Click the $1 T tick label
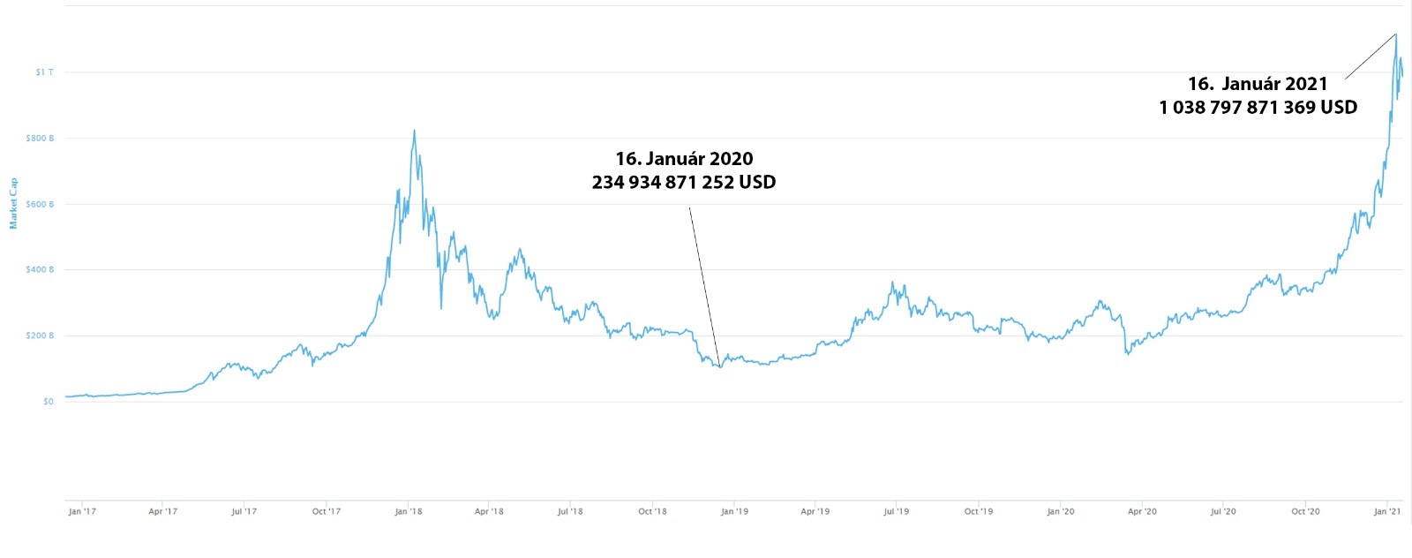tap(44, 72)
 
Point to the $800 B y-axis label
tap(40, 139)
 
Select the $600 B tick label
tap(40, 205)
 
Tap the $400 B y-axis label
tap(40, 270)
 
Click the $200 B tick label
tap(40, 336)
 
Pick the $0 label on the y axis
tap(48, 402)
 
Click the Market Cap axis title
tap(13, 204)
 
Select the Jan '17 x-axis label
tap(82, 511)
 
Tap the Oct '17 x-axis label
tap(326, 511)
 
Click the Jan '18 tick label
tap(408, 511)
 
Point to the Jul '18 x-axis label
tap(570, 511)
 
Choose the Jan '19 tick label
tap(734, 511)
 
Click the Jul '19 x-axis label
tap(896, 511)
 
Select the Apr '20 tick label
tap(1142, 511)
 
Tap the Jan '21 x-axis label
tap(1387, 511)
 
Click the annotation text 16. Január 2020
tap(684, 159)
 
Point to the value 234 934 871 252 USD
tap(684, 183)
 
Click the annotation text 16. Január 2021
tap(1258, 84)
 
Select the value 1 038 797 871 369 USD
tap(1258, 108)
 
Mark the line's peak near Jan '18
tap(415, 132)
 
